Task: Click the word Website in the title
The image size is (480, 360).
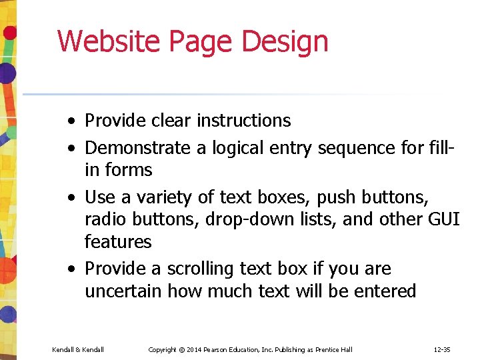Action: [109, 41]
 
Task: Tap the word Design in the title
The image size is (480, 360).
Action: [285, 41]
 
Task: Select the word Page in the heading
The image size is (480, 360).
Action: [203, 41]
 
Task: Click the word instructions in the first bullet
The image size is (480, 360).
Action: [243, 121]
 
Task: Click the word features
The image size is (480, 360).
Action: [118, 241]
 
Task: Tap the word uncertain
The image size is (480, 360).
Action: [123, 291]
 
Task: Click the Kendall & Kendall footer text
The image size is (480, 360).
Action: [78, 349]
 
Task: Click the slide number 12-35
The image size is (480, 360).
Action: [441, 349]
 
